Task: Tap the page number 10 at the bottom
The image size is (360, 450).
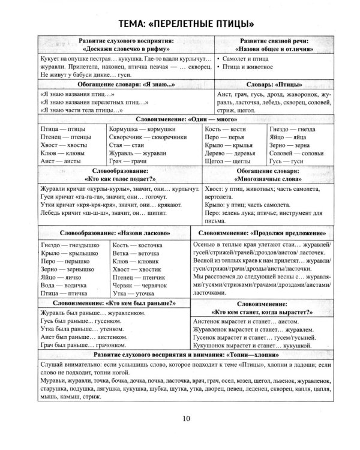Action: click(179, 434)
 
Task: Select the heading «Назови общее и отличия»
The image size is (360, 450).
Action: click(275, 49)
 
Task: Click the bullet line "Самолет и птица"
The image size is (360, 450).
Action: click(251, 61)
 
